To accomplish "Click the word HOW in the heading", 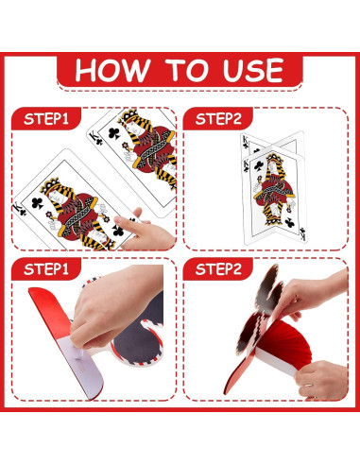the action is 112,70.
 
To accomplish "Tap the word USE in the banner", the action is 253,70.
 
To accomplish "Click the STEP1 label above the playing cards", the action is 46,119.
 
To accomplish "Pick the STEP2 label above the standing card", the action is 218,119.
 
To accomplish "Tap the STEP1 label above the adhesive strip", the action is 46,269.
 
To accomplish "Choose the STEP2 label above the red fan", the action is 218,269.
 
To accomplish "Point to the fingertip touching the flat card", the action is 118,220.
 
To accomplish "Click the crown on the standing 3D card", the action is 274,158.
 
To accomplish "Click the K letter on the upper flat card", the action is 94,136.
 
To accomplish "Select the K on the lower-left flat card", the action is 17,207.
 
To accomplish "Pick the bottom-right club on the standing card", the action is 289,223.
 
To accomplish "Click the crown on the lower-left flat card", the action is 50,186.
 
